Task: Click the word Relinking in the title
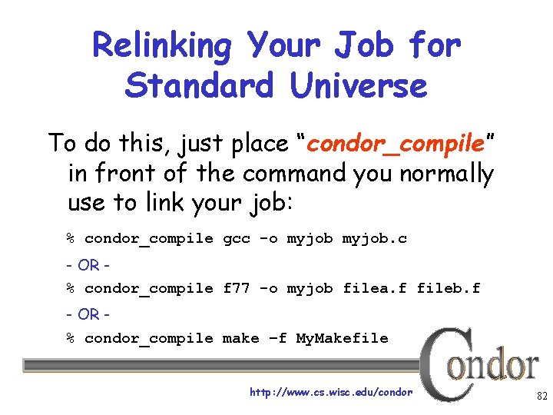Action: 161,47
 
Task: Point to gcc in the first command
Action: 237,239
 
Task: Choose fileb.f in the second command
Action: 449,289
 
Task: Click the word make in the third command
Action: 241,338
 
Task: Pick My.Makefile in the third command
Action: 343,338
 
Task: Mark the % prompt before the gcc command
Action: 70,239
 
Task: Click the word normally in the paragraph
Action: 446,174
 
